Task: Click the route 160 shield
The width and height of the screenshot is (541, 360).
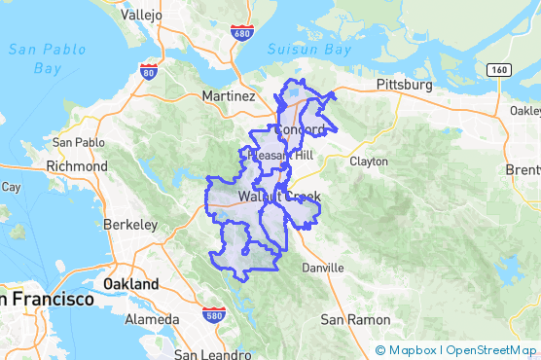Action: [x=499, y=70]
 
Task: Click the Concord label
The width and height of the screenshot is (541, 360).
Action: [x=299, y=129]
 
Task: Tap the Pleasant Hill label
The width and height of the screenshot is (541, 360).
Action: [x=280, y=156]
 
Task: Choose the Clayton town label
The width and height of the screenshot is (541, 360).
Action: [x=369, y=161]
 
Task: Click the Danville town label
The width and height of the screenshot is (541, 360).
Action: [x=323, y=267]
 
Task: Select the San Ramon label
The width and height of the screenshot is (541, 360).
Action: [x=356, y=319]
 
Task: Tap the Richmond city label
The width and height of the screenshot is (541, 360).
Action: [x=78, y=165]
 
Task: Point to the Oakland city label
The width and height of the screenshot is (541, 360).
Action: [x=131, y=283]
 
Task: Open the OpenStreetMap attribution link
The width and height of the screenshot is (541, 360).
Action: [x=491, y=350]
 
